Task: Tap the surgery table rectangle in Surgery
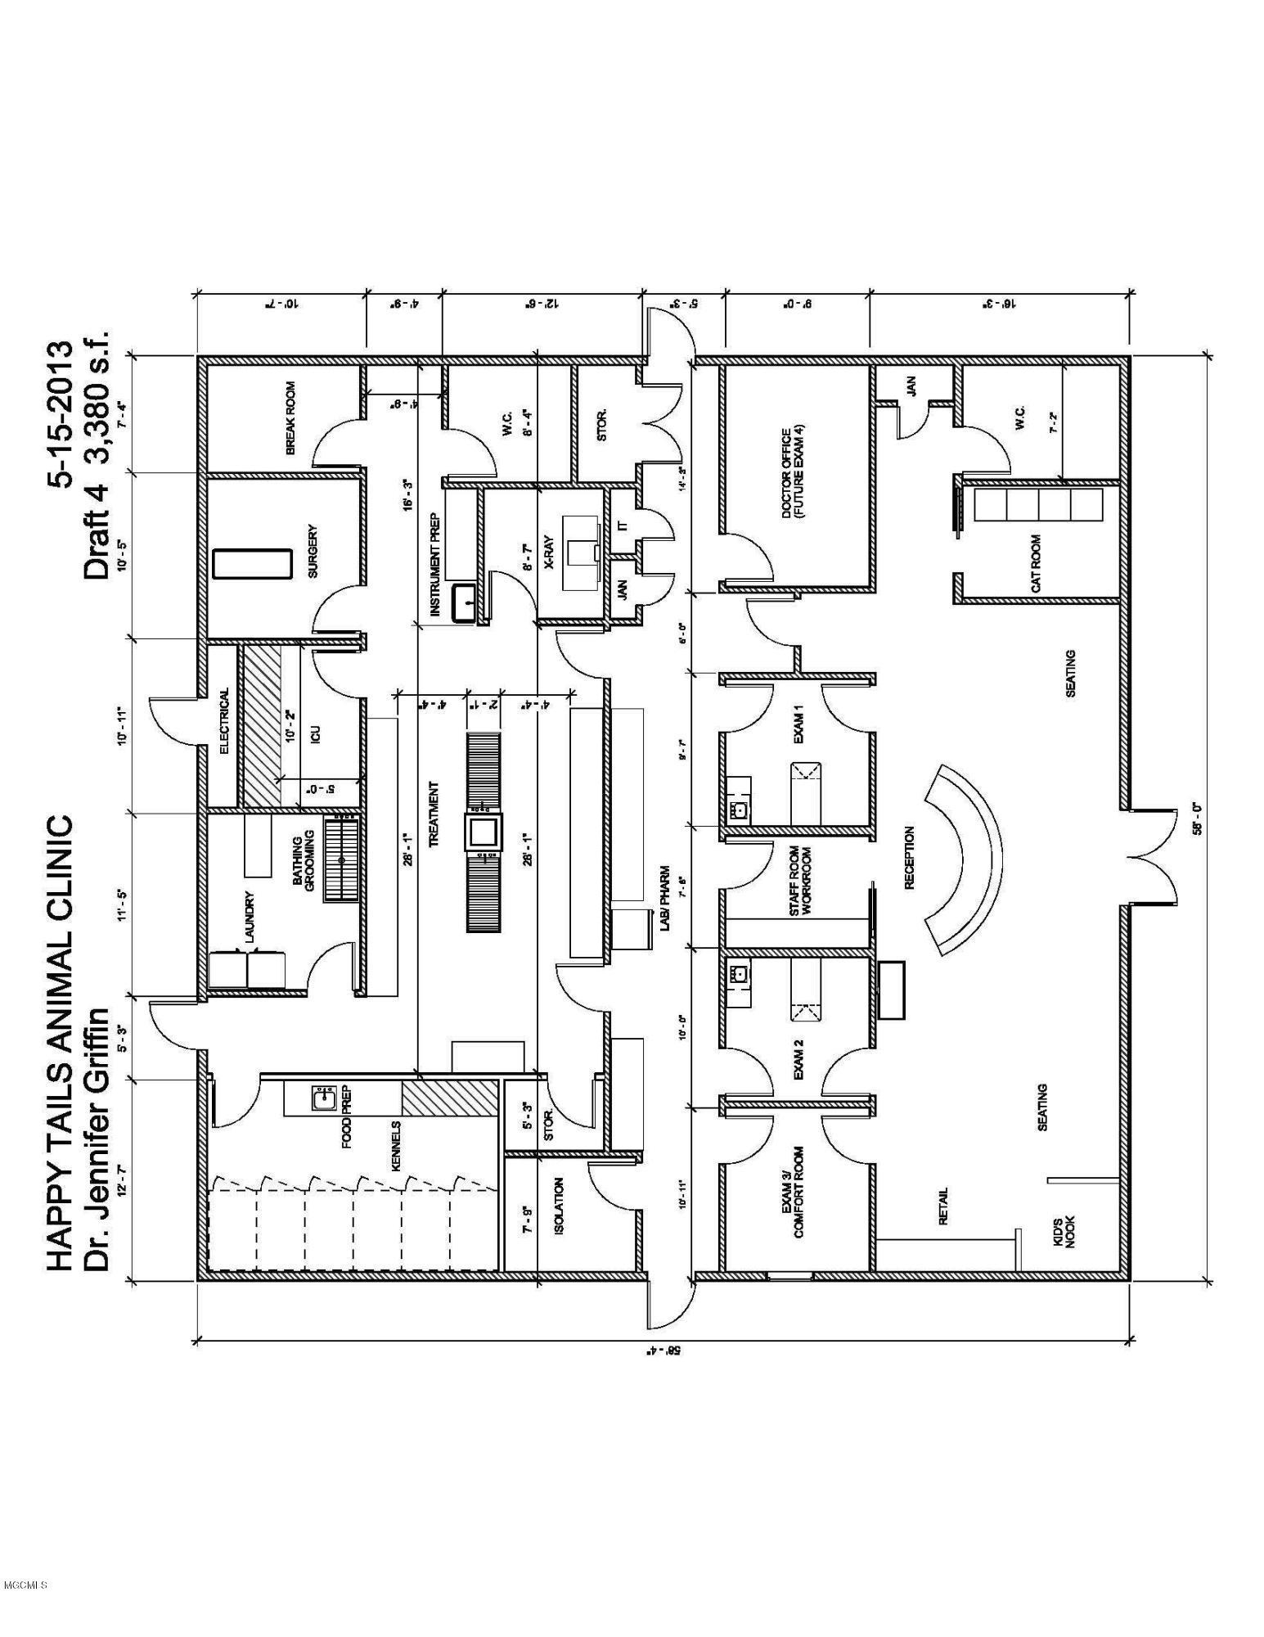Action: click(x=252, y=565)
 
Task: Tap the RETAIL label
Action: click(x=943, y=1206)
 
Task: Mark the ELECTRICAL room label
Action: click(x=223, y=720)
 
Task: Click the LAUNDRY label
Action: click(x=250, y=917)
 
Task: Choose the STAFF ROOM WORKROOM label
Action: click(x=799, y=881)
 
